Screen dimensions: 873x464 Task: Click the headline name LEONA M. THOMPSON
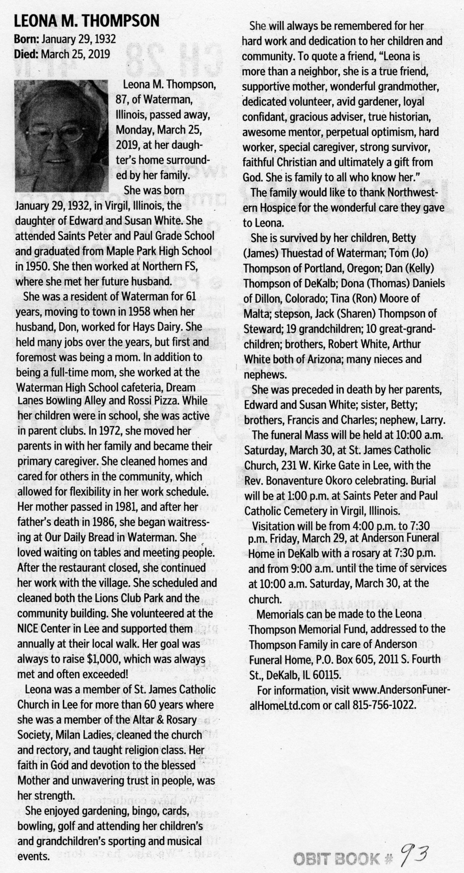87,21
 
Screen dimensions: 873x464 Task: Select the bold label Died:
26,54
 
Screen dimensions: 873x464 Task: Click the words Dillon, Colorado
289,298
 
